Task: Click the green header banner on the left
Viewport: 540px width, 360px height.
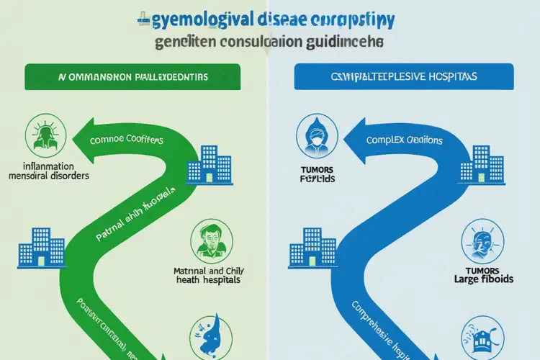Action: pos(135,76)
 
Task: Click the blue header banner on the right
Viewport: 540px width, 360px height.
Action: pos(403,76)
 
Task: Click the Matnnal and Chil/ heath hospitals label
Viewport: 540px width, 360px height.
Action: pos(210,276)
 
